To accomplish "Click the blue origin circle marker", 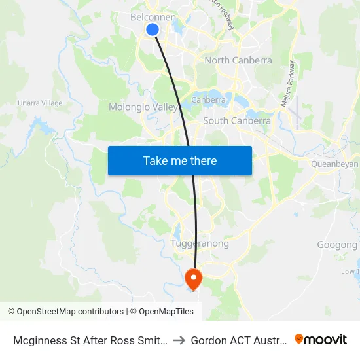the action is (153, 29).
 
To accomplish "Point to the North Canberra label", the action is (238, 60).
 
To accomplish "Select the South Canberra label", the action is (237, 120).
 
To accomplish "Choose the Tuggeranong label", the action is (200, 243).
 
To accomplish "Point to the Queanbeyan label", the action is (334, 164).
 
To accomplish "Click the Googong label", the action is (338, 245).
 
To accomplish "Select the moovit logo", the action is (321, 340).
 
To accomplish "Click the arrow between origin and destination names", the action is (179, 340).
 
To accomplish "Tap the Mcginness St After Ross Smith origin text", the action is (90, 340).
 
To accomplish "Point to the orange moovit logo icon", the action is (299, 339).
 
